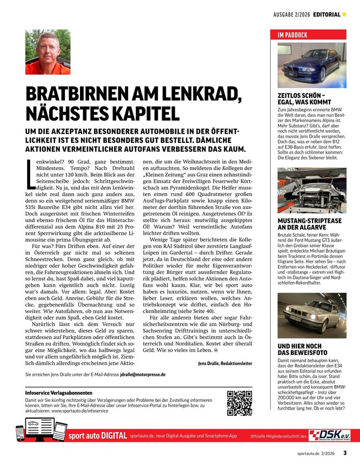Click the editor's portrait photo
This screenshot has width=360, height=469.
coord(48,52)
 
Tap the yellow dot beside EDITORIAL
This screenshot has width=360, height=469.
coord(344,14)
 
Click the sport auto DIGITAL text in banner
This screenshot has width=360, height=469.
coord(98,435)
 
